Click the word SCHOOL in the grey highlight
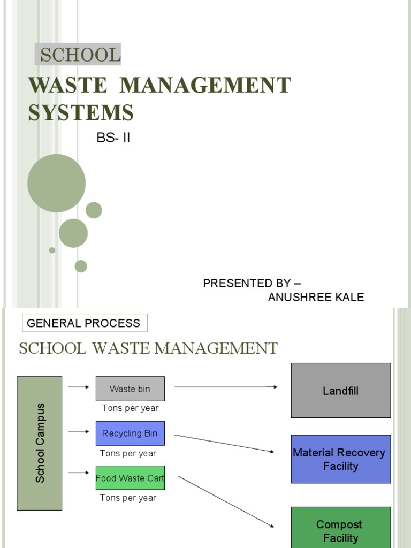(x=78, y=55)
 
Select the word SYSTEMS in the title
(x=80, y=113)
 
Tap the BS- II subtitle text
(x=113, y=138)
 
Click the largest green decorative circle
(x=56, y=183)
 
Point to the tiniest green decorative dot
(x=52, y=250)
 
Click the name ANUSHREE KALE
(x=316, y=298)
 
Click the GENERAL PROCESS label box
(x=84, y=323)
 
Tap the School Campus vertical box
(x=40, y=443)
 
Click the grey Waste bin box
(x=130, y=389)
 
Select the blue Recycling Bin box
(x=130, y=433)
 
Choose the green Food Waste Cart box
(x=130, y=478)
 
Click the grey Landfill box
(x=340, y=391)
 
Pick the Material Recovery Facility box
(x=340, y=459)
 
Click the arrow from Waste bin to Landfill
(x=225, y=387)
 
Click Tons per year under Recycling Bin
(x=128, y=454)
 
